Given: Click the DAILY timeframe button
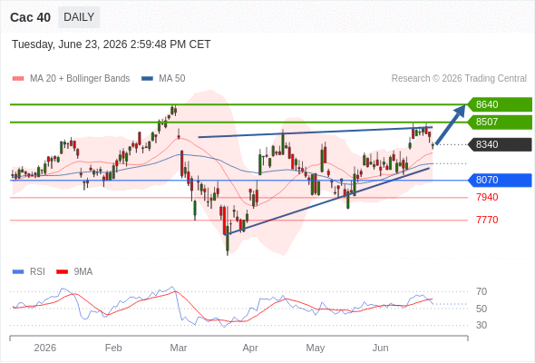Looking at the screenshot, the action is [79, 17].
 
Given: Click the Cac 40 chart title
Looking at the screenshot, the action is [30, 17].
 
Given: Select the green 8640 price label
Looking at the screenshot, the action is [499, 104].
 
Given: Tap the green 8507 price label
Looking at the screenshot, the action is [499, 122].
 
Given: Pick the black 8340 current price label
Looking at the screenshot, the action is [499, 144].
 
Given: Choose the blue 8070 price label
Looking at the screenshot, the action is [499, 180].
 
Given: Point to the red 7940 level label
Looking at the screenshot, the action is [487, 197].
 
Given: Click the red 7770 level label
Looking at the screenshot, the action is [487, 220].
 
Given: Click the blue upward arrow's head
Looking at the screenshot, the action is [460, 110].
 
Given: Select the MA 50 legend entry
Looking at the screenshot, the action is [163, 79].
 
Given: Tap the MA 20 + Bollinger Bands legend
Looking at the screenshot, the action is [71, 79].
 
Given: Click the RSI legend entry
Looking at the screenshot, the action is [29, 271].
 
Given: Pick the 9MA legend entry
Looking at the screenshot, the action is [74, 271].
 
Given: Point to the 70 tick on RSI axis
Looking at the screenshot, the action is [481, 291].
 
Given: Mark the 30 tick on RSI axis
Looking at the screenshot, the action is [481, 325].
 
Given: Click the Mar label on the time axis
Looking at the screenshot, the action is [179, 348].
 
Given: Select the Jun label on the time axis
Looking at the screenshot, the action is [380, 348].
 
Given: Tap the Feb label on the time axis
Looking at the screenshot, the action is [113, 348].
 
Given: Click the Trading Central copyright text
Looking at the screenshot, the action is [459, 79].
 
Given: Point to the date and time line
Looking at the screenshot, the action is [112, 44].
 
